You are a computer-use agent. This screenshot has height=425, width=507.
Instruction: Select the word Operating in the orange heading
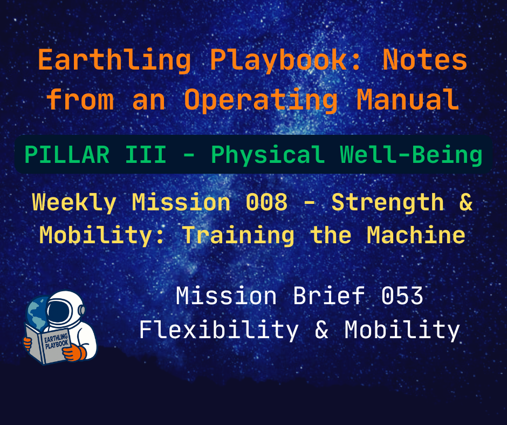pyautogui.click(x=261, y=100)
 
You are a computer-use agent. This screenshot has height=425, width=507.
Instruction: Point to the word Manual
pyautogui.click(x=408, y=100)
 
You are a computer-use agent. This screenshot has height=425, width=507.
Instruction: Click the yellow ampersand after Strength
pyautogui.click(x=466, y=203)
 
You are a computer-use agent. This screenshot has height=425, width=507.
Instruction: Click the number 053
pyautogui.click(x=401, y=297)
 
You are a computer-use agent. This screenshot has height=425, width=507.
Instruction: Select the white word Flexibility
pyautogui.click(x=218, y=330)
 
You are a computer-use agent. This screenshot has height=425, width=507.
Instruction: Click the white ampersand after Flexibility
pyautogui.click(x=321, y=330)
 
